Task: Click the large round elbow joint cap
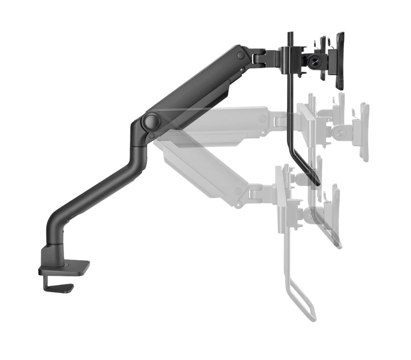151,121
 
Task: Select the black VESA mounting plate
339,60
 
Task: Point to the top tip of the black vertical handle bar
290,34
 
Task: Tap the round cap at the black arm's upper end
241,55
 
